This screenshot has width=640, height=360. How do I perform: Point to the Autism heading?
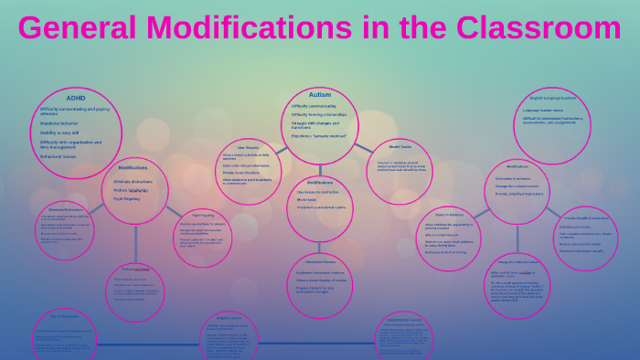point(320,95)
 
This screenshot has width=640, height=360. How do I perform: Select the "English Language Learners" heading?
point(552,98)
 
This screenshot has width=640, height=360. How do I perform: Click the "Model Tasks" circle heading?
point(400,146)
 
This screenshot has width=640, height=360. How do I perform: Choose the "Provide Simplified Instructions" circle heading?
point(586,218)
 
